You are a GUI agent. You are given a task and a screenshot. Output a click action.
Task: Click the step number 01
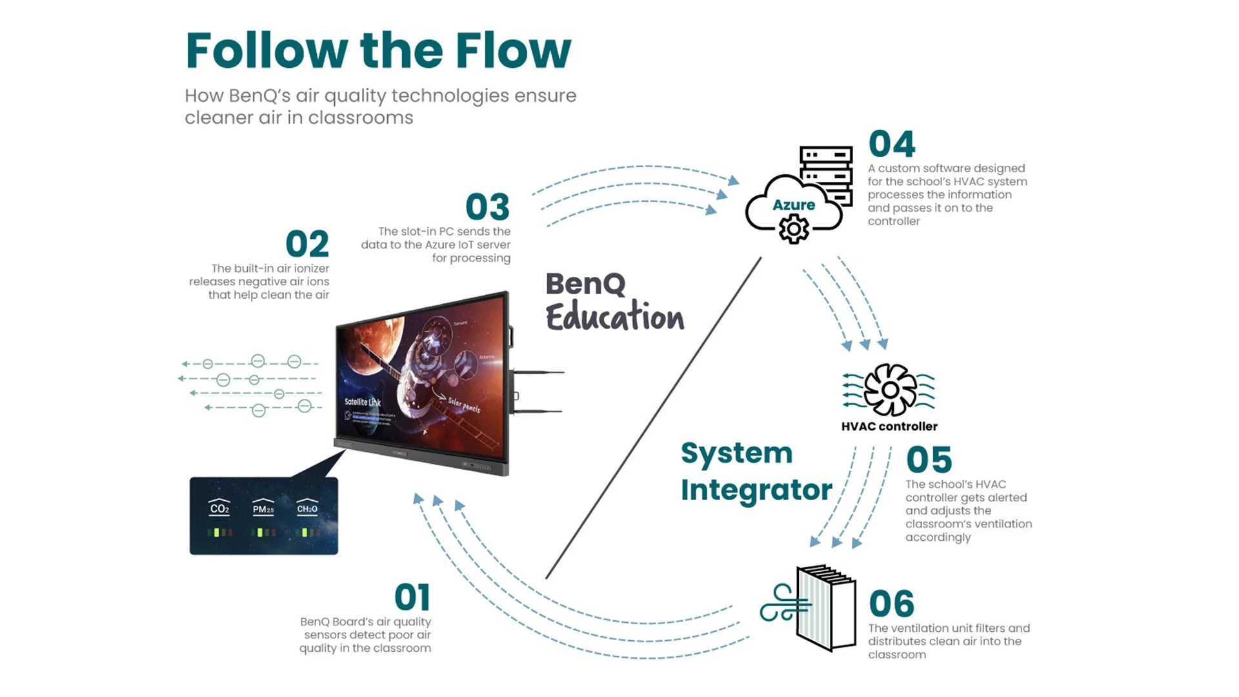pyautogui.click(x=412, y=598)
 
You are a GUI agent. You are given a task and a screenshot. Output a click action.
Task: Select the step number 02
pyautogui.click(x=307, y=245)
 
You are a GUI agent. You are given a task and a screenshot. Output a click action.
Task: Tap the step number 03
pyautogui.click(x=487, y=208)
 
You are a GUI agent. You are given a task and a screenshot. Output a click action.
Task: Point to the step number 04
pyautogui.click(x=892, y=144)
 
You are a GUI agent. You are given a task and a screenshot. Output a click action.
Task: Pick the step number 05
pyautogui.click(x=929, y=460)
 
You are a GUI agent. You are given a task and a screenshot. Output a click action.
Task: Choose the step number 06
pyautogui.click(x=891, y=604)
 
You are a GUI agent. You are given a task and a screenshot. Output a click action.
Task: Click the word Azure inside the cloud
pyautogui.click(x=794, y=205)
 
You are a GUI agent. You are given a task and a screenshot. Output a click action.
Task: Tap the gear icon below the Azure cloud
pyautogui.click(x=794, y=229)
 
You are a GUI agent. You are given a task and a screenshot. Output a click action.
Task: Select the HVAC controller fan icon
pyautogui.click(x=890, y=390)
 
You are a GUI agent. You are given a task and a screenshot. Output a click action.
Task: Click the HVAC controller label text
pyautogui.click(x=889, y=427)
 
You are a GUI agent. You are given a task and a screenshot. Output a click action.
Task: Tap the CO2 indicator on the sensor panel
pyautogui.click(x=219, y=509)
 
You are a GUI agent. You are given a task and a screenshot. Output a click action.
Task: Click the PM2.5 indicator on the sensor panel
pyautogui.click(x=263, y=509)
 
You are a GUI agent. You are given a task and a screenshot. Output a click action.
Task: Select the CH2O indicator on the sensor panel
pyautogui.click(x=307, y=509)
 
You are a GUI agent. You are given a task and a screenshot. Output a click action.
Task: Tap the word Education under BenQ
pyautogui.click(x=614, y=317)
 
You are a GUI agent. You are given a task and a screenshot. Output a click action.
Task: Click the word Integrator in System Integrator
pyautogui.click(x=756, y=490)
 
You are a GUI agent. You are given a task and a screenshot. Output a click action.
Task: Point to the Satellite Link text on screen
pyautogui.click(x=362, y=402)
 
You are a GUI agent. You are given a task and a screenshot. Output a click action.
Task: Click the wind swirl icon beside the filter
pyautogui.click(x=782, y=603)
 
